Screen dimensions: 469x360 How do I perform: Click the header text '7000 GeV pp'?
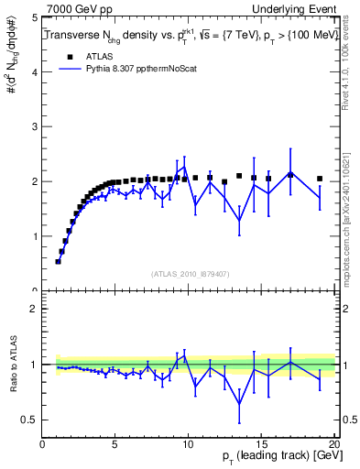75,8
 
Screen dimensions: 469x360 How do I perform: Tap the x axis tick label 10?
188,446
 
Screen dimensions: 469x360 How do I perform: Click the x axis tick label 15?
261,446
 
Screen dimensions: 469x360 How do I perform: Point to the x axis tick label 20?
333,446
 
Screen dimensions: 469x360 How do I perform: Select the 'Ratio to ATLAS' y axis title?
11,374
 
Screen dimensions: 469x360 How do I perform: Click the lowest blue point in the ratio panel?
239,404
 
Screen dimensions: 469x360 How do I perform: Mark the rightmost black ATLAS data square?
320,179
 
